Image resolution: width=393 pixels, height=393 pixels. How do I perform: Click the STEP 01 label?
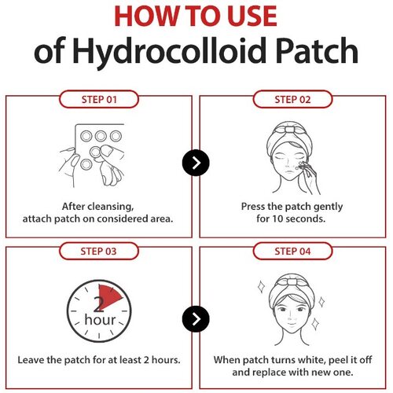pyautogui.click(x=99, y=100)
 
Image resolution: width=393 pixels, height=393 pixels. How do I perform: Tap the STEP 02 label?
pyautogui.click(x=292, y=100)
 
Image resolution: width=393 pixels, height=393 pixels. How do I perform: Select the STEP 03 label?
pyautogui.click(x=98, y=252)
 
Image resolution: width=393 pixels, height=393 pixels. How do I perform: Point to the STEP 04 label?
pyautogui.click(x=292, y=252)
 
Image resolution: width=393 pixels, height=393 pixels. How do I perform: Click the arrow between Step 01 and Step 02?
pyautogui.click(x=196, y=163)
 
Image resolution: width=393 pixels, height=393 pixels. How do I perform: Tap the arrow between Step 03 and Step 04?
pyautogui.click(x=196, y=319)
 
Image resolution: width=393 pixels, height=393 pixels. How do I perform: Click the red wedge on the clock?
pyautogui.click(x=108, y=297)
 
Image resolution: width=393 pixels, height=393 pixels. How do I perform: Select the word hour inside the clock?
pyautogui.click(x=100, y=320)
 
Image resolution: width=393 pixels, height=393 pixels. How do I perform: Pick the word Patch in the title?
pyautogui.click(x=318, y=50)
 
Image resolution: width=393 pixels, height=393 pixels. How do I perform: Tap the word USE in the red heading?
pyautogui.click(x=252, y=17)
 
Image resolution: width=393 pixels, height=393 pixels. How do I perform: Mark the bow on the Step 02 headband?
pyautogui.click(x=289, y=128)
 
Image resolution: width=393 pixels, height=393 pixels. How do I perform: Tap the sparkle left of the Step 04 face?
pyautogui.click(x=261, y=287)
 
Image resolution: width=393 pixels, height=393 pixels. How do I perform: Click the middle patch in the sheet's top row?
pyautogui.click(x=101, y=136)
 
